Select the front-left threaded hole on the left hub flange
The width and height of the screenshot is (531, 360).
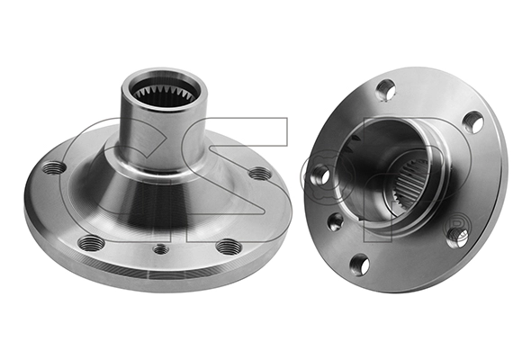(90, 243)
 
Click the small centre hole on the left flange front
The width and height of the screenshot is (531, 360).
(160, 248)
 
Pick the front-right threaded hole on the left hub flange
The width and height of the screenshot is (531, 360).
(229, 246)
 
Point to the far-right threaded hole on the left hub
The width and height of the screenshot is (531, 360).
(259, 173)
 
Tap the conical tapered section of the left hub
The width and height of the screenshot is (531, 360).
(162, 193)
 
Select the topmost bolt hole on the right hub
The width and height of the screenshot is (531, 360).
(385, 89)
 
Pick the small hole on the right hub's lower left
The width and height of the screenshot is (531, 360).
(335, 222)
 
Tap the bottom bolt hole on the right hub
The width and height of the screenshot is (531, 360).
(359, 264)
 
